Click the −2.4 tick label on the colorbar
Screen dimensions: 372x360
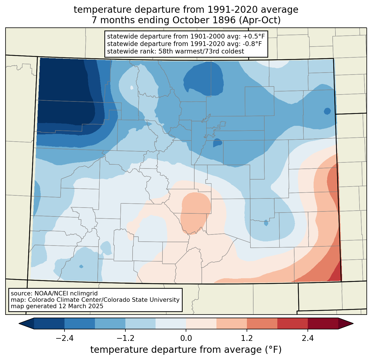point(64,338)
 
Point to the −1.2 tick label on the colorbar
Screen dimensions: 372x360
point(125,338)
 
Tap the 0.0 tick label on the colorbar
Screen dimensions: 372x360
point(186,338)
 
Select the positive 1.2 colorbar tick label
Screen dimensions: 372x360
point(247,338)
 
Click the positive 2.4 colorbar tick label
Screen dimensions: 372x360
point(308,338)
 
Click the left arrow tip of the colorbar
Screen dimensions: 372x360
point(19,324)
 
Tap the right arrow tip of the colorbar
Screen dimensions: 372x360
point(353,324)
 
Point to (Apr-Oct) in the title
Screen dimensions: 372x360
point(260,20)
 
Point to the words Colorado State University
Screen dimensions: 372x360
point(148,300)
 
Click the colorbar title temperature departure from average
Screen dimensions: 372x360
point(186,349)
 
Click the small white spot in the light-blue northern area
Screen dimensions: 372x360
point(131,88)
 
